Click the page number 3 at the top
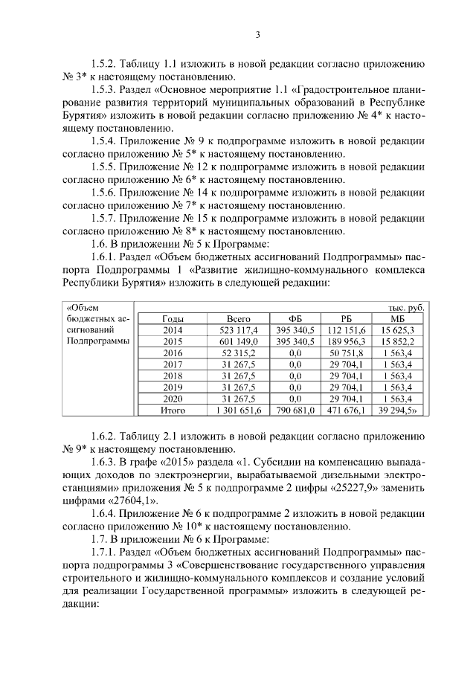pyautogui.click(x=257, y=34)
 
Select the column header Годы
pyautogui.click(x=173, y=318)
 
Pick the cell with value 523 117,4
pyautogui.click(x=238, y=329)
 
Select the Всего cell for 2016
pyautogui.click(x=238, y=352)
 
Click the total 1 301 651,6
pyautogui.click(x=238, y=410)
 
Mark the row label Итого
pyautogui.click(x=173, y=410)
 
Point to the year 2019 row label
pyautogui.click(x=173, y=387)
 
